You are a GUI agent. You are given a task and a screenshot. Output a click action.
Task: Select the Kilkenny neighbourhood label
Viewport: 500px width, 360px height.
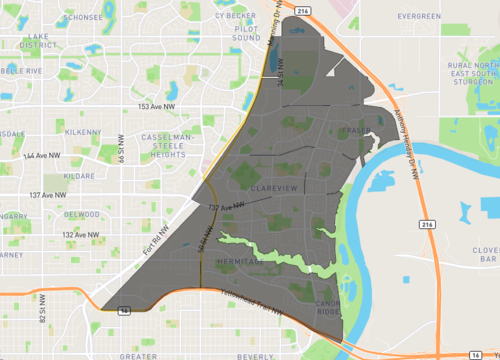(x=81, y=132)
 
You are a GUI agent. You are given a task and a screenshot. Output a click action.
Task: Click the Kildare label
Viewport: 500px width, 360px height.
(x=77, y=175)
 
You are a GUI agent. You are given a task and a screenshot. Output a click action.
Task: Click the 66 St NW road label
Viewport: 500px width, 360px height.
(x=119, y=151)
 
